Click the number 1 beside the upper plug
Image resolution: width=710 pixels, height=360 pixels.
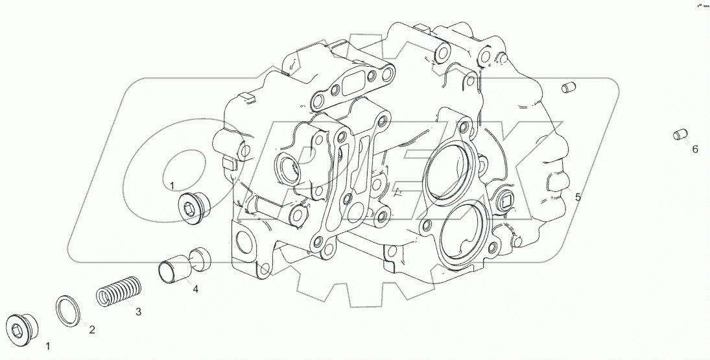pos(172,185)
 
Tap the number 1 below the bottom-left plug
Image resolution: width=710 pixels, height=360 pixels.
pos(47,346)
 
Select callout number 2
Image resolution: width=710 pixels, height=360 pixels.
pos(92,330)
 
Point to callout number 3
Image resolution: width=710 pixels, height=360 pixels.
pos(138,311)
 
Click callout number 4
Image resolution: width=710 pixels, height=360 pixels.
pos(195,289)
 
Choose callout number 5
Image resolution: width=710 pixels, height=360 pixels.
pos(578,197)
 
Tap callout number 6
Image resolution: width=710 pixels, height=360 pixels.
pos(695,149)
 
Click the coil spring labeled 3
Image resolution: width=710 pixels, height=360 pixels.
pos(119,291)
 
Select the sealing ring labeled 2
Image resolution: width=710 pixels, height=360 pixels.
pos(68,311)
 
